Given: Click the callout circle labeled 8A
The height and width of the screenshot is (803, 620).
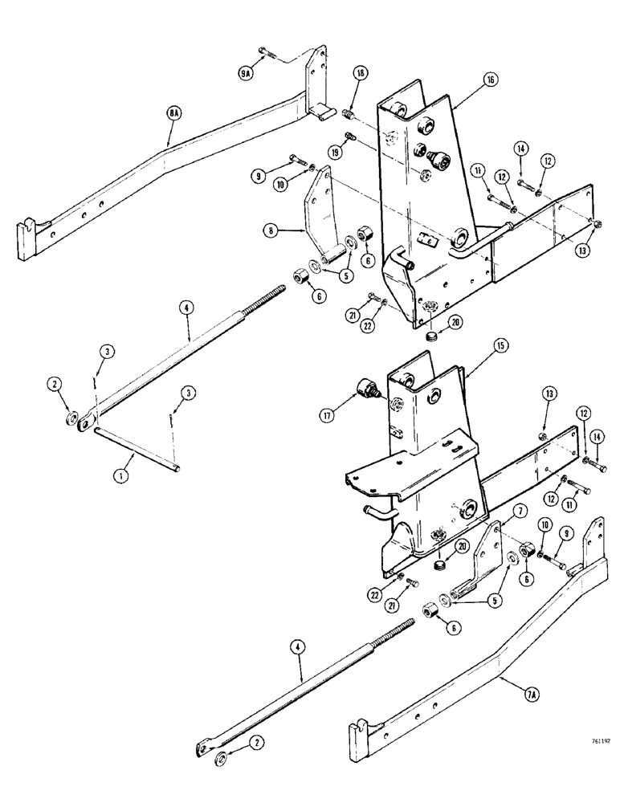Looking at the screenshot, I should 173,116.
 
